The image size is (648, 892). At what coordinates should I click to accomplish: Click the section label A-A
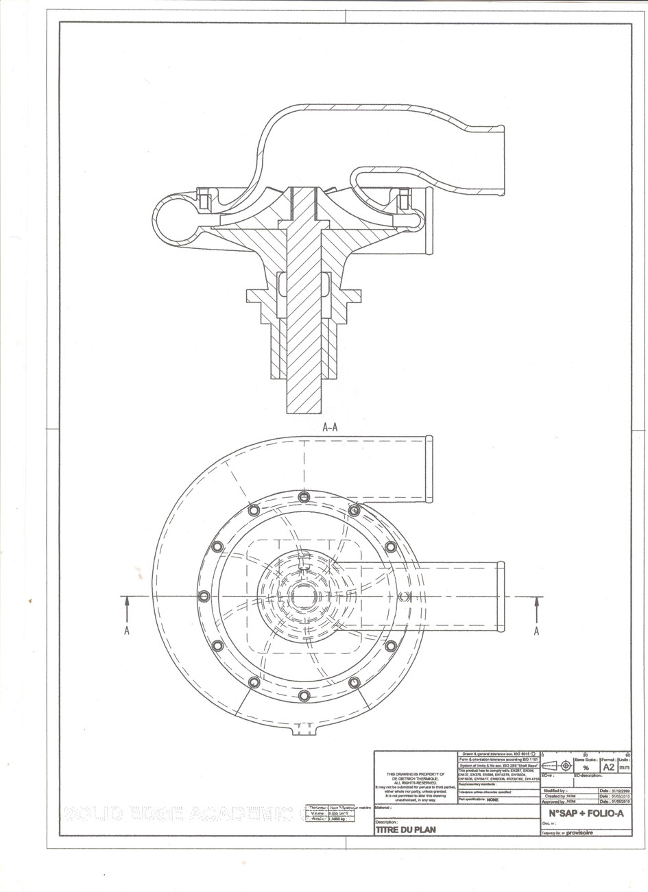pyautogui.click(x=329, y=426)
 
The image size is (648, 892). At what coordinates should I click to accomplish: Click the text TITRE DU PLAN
pyautogui.click(x=405, y=829)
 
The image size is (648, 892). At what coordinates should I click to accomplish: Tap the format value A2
pyautogui.click(x=607, y=767)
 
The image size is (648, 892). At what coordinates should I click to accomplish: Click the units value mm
pyautogui.click(x=624, y=768)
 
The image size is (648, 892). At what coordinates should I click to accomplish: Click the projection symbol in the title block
pyautogui.click(x=557, y=765)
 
